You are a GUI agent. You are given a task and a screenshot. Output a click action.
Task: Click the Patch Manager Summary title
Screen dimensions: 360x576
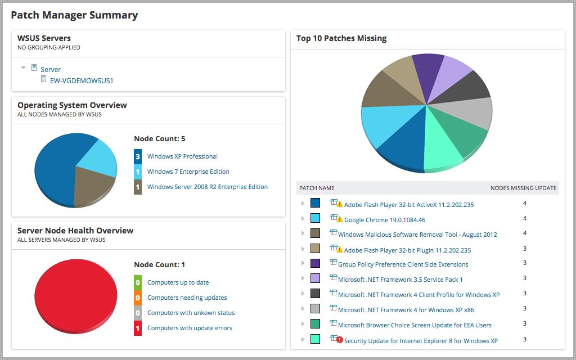pyautogui.click(x=74, y=15)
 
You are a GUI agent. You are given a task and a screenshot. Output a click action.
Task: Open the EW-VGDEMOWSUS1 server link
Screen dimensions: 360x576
pyautogui.click(x=82, y=80)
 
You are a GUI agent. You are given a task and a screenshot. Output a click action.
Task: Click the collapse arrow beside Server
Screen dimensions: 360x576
pyautogui.click(x=24, y=68)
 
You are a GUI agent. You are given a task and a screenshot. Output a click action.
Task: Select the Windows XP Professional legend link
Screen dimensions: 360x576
pyautogui.click(x=182, y=156)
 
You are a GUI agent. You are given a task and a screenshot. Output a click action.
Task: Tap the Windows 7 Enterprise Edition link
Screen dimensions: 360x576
pyautogui.click(x=188, y=172)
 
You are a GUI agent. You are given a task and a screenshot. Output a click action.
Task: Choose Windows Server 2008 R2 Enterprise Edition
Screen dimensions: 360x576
pyautogui.click(x=207, y=187)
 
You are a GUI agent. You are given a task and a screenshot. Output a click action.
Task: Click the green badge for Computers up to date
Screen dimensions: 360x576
pyautogui.click(x=138, y=282)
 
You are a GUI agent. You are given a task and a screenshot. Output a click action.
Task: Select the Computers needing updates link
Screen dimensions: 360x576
pyautogui.click(x=187, y=298)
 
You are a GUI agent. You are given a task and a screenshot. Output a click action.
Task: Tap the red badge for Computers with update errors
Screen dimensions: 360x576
pyautogui.click(x=138, y=328)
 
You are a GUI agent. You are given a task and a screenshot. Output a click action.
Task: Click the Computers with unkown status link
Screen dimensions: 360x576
pyautogui.click(x=191, y=313)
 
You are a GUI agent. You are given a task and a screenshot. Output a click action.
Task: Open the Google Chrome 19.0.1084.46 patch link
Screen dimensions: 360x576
pyautogui.click(x=384, y=220)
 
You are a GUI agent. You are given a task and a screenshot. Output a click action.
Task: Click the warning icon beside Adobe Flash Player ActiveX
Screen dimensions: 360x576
pyautogui.click(x=339, y=204)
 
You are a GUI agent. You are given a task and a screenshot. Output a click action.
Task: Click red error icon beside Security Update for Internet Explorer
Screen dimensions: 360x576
pyautogui.click(x=339, y=340)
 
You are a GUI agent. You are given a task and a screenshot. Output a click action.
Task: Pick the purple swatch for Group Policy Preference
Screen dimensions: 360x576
pyautogui.click(x=316, y=263)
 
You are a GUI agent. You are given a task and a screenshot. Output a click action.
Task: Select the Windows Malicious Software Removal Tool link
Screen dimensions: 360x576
pyautogui.click(x=417, y=235)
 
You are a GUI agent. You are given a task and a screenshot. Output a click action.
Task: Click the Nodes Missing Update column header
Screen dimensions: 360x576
pyautogui.click(x=523, y=188)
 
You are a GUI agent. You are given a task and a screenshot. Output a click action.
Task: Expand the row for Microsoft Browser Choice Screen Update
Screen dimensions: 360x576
pyautogui.click(x=303, y=324)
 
